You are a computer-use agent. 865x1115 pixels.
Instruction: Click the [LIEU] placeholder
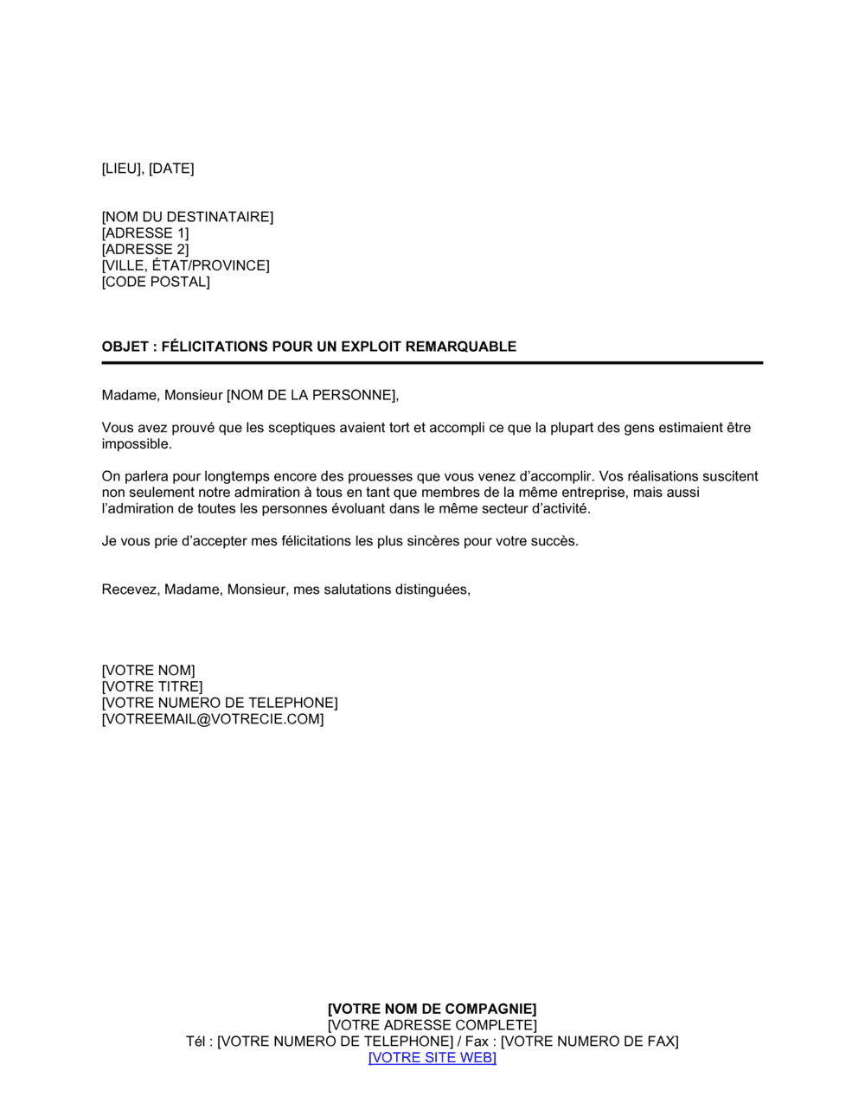coord(121,169)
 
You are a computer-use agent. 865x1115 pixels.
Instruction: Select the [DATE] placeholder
coord(171,169)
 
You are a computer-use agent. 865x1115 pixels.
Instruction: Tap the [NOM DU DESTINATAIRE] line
coord(187,217)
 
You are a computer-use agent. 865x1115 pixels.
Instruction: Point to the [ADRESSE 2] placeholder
coord(144,250)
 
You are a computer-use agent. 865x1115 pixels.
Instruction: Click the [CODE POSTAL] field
coord(156,282)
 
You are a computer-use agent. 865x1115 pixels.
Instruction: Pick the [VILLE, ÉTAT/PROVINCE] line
coord(185,265)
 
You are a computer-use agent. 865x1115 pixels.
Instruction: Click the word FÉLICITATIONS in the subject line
coord(215,347)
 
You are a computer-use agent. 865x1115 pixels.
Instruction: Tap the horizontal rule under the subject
coord(432,363)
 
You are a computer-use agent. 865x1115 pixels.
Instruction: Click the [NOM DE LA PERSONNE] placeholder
coord(311,395)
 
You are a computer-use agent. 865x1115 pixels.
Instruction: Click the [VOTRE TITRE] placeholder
coord(152,687)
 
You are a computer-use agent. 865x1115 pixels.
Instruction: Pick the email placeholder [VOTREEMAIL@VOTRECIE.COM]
coord(213,719)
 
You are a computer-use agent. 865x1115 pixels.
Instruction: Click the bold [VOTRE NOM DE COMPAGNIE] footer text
coord(432,1009)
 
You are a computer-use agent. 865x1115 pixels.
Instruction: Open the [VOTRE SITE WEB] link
coord(432,1058)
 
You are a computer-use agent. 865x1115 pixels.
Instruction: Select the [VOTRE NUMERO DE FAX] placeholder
coord(590,1042)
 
